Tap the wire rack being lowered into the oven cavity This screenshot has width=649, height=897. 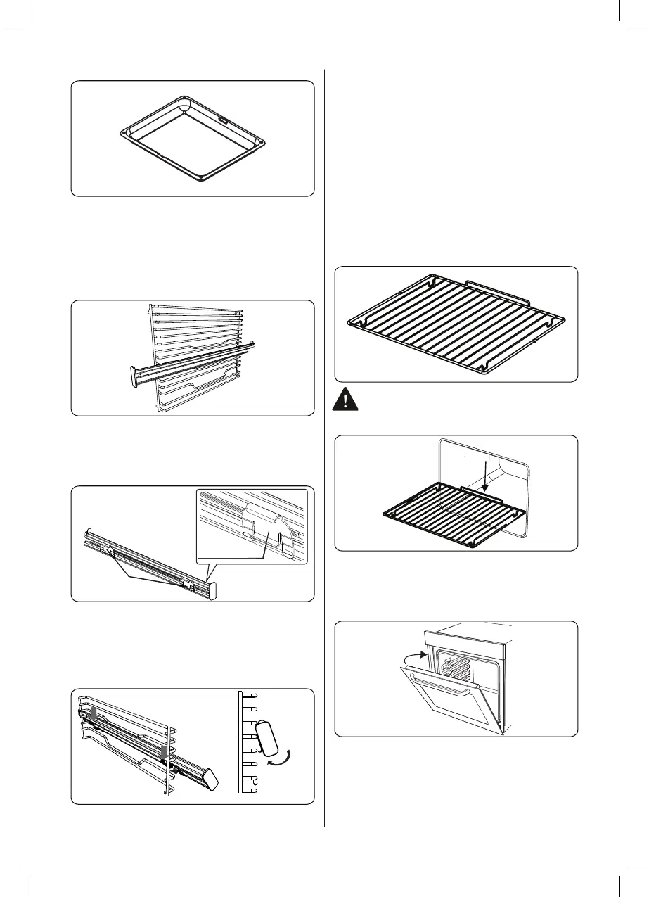coord(450,514)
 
